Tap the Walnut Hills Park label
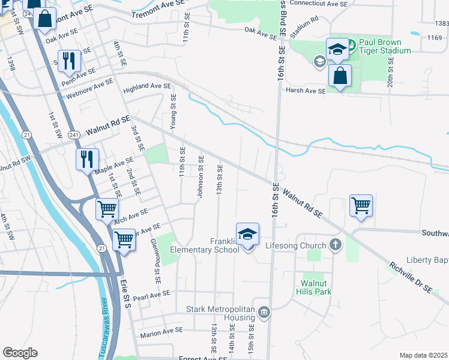[x=316, y=287]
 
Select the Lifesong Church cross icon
[x=336, y=245]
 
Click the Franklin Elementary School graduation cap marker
[x=247, y=235]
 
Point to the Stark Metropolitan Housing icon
[x=264, y=312]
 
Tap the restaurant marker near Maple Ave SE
[x=88, y=160]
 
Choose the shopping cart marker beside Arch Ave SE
[x=107, y=209]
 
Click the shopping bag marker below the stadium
[x=340, y=77]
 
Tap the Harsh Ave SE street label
[x=305, y=91]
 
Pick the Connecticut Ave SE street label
[x=319, y=4]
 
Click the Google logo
[x=20, y=353]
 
